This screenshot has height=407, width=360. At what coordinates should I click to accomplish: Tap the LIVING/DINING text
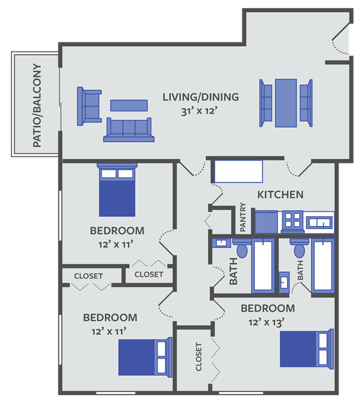pos(200,96)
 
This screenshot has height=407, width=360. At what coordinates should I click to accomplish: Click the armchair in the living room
pos(89,106)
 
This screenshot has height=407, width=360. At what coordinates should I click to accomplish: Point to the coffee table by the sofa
pos(129,105)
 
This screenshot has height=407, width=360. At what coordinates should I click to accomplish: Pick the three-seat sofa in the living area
pos(129,130)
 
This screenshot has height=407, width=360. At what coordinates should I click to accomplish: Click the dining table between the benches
pos(286,103)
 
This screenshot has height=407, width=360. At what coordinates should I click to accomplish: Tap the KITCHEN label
pos(280,195)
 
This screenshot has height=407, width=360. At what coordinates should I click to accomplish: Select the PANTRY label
pos(243,217)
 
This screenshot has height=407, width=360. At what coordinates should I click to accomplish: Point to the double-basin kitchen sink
pos(319,221)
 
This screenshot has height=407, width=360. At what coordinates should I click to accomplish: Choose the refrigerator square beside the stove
pos(266,221)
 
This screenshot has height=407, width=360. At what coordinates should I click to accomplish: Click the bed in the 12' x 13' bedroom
pos(306,348)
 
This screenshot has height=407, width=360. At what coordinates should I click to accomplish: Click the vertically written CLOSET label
pos(198,357)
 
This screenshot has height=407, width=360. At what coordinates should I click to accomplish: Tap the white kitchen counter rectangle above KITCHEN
pos(238,171)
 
